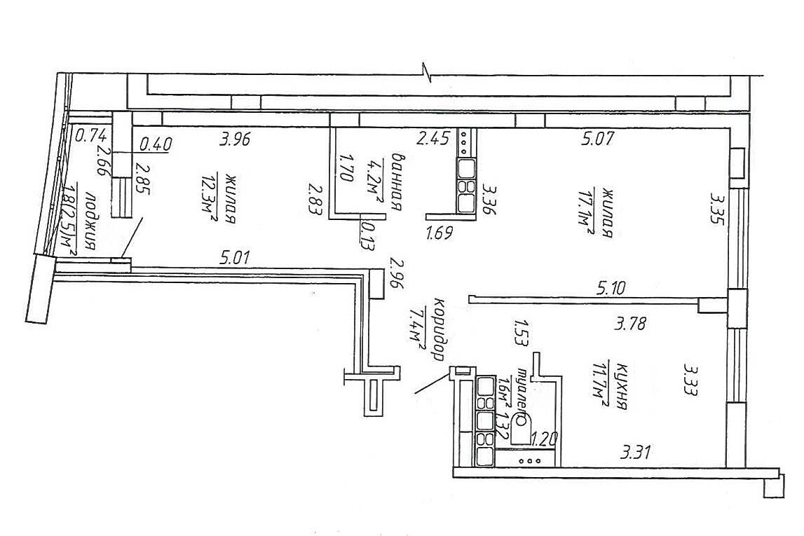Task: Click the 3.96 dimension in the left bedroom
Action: pyautogui.click(x=235, y=139)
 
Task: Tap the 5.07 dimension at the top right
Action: pyautogui.click(x=597, y=139)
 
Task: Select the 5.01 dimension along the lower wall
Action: pyautogui.click(x=235, y=258)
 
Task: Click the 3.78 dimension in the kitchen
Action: pyautogui.click(x=630, y=324)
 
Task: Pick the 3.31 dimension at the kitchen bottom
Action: pyautogui.click(x=636, y=453)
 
